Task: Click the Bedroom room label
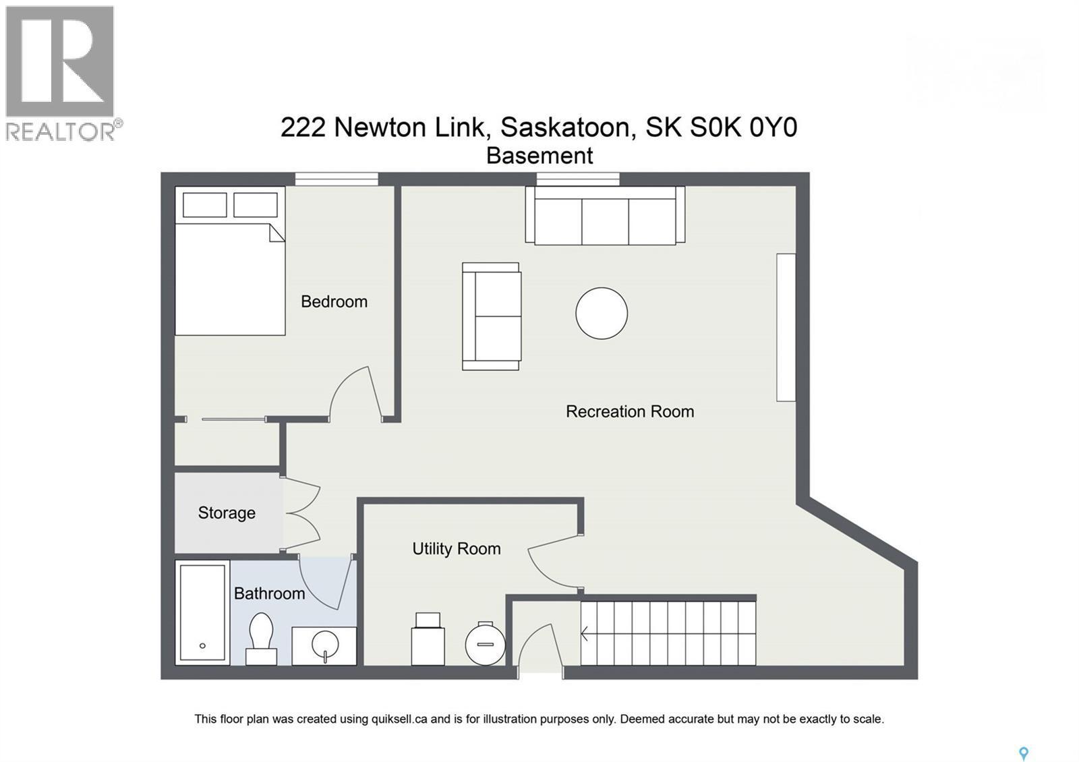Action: tap(334, 301)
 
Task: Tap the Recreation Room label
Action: tap(629, 411)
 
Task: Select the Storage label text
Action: tap(227, 513)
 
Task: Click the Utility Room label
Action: tap(456, 549)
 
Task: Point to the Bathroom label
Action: tap(269, 593)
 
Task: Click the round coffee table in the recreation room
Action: tap(602, 313)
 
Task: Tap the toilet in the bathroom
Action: tap(261, 638)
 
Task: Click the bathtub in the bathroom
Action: tap(202, 612)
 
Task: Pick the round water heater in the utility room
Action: tap(485, 644)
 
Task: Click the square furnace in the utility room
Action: tap(428, 641)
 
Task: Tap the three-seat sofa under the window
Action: tap(605, 216)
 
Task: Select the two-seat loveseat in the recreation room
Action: tap(492, 316)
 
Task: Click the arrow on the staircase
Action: tap(585, 634)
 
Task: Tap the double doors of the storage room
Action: tap(301, 514)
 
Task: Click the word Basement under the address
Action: tap(539, 156)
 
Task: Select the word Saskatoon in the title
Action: tap(566, 127)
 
